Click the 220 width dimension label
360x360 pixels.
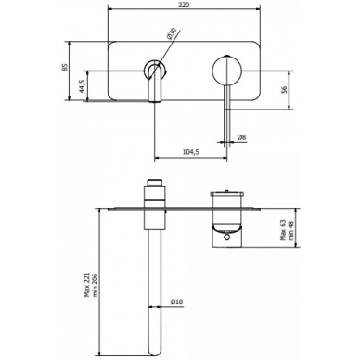(184, 5)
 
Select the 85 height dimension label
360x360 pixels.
(65, 67)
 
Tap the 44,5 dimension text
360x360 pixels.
(82, 86)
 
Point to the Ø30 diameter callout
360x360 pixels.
(172, 33)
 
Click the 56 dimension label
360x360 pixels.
(284, 89)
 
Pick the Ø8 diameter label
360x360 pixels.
(241, 137)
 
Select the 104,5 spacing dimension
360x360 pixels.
(191, 152)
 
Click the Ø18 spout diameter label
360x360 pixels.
(176, 302)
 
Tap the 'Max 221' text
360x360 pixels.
(87, 285)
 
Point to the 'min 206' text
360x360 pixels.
(95, 285)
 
